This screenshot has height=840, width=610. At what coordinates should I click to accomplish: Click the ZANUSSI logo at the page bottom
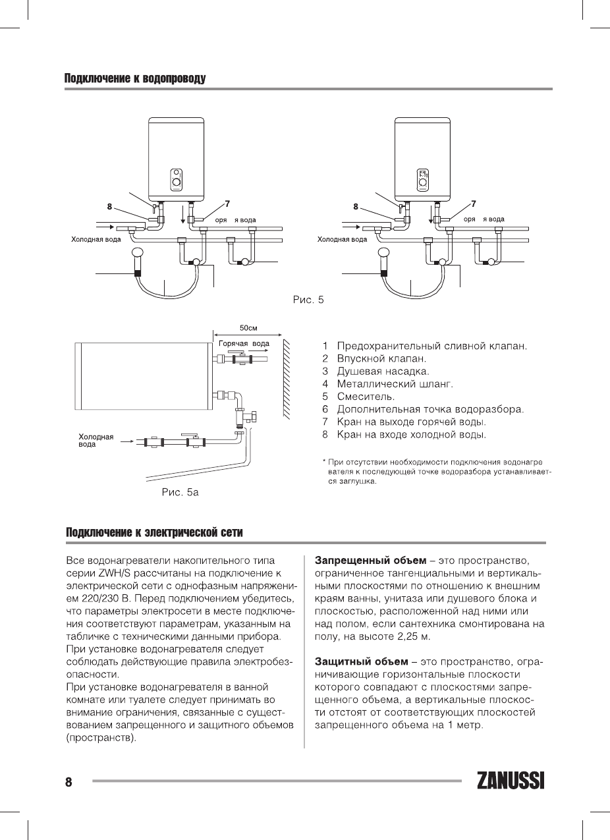(x=511, y=781)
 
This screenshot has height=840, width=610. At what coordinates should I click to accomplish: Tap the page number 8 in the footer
(x=68, y=782)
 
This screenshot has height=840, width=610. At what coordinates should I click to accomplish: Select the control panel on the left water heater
(x=177, y=178)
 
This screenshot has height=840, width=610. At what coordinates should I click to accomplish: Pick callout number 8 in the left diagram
(x=110, y=206)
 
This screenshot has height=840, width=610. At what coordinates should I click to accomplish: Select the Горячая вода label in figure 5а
(x=243, y=343)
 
